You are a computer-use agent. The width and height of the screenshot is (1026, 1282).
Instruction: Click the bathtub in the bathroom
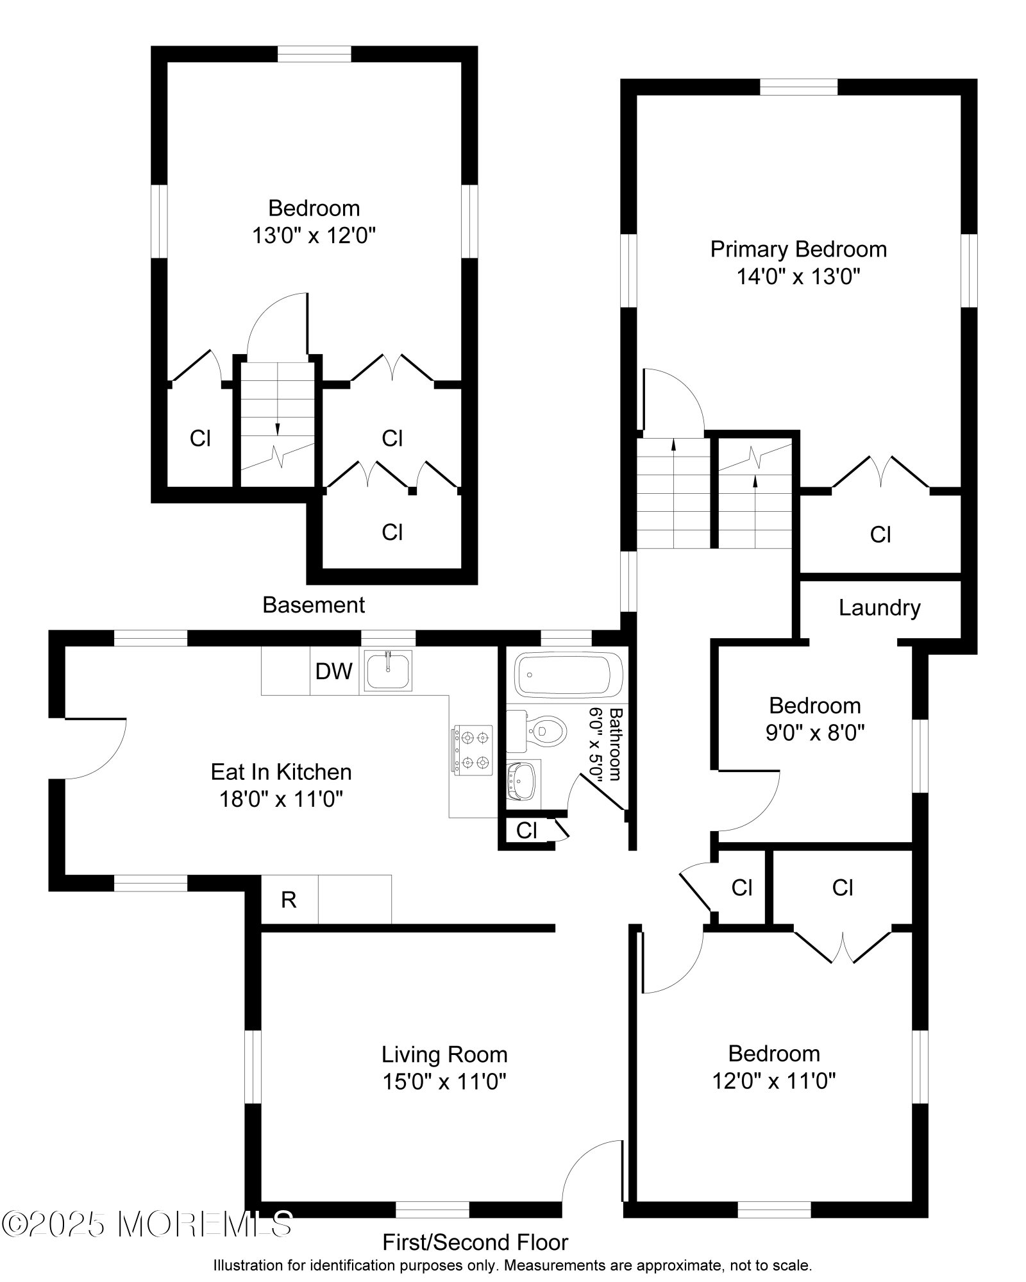[569, 675]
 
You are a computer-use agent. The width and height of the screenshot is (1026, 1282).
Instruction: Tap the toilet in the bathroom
[537, 730]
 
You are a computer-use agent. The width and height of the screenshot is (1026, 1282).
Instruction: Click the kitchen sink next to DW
[388, 670]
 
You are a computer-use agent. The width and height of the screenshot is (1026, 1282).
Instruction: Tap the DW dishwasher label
[334, 671]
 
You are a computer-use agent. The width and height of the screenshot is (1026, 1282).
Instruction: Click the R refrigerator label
[289, 900]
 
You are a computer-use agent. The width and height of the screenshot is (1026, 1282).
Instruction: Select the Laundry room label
[880, 608]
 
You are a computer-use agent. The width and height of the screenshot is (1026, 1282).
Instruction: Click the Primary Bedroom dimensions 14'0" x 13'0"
[798, 277]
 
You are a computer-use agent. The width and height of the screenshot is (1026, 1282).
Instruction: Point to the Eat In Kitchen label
[282, 772]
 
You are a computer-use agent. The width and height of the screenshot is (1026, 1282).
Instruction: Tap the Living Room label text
[444, 1055]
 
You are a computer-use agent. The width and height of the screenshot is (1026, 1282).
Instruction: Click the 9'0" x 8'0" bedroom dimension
[815, 732]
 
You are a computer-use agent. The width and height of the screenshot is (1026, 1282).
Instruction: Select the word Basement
[314, 605]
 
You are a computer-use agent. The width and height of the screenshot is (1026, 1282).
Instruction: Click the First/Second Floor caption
[475, 1243]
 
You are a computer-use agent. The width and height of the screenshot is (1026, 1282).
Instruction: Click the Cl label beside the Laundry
[880, 535]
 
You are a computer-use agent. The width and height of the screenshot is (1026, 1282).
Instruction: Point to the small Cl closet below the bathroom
[526, 831]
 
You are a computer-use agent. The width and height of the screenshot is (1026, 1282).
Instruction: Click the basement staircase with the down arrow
[278, 424]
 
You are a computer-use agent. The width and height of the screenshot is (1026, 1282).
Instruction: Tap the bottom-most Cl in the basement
[392, 532]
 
